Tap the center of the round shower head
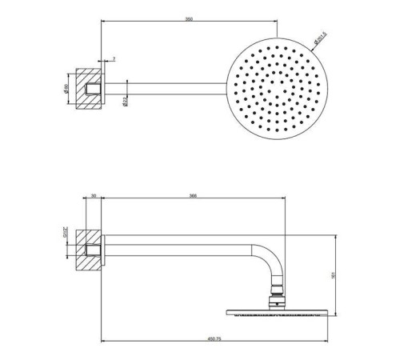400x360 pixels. (277, 86)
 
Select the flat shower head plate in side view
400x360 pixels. (278, 313)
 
